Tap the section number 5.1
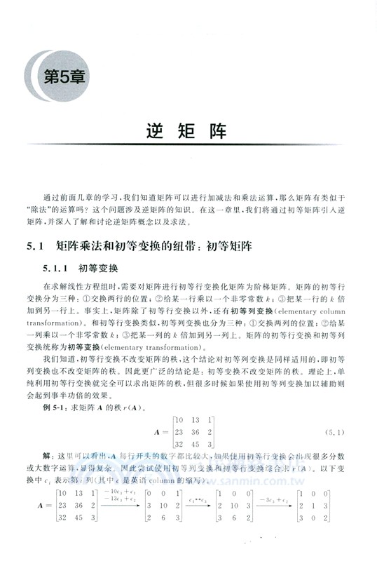click(x=34, y=247)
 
